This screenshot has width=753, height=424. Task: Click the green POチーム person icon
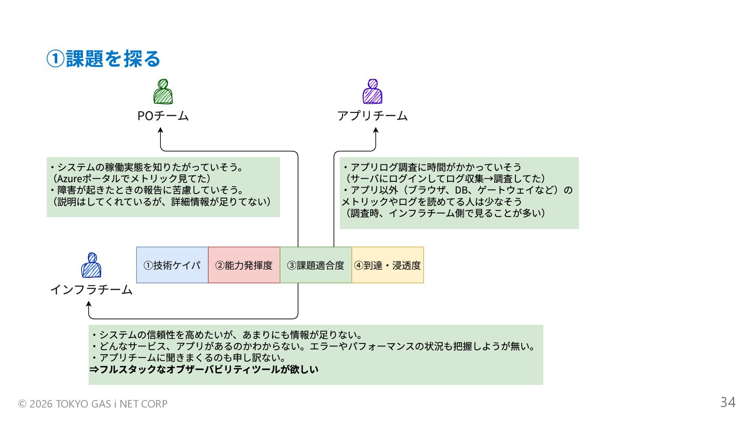(163, 92)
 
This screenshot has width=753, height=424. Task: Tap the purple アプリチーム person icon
(372, 92)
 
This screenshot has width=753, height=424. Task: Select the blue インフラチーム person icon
(91, 265)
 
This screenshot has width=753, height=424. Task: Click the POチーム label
(163, 116)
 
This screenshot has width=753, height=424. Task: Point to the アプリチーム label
(372, 116)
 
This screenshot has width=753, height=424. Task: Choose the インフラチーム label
(91, 290)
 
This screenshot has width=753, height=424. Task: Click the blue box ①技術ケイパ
(172, 265)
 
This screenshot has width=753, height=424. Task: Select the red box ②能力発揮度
(244, 265)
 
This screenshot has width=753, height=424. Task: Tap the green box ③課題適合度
(316, 265)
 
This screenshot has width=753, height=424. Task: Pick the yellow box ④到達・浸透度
(387, 265)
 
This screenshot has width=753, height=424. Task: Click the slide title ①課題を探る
(104, 59)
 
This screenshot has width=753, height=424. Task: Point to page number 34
(728, 402)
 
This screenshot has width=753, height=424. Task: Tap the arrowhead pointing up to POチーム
(160, 130)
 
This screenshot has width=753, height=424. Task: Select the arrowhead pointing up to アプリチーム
(376, 130)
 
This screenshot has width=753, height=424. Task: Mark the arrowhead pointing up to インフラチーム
(89, 304)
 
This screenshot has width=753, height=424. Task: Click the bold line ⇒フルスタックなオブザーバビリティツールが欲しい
(204, 369)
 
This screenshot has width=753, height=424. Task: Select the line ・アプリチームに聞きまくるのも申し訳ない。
(188, 358)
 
